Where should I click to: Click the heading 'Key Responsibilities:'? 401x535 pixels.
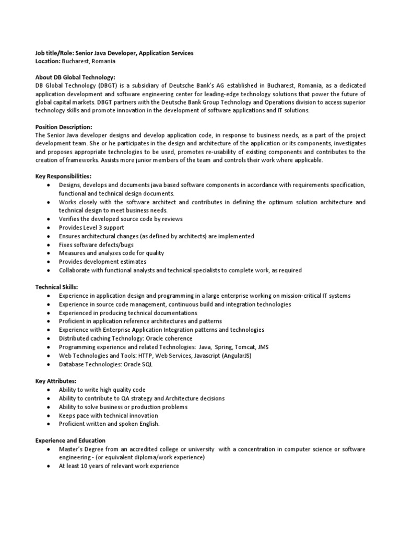click(63, 177)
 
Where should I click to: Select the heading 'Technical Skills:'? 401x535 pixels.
click(56, 287)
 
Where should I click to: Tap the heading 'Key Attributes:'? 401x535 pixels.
click(55, 381)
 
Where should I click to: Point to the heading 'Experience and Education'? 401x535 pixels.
click(70, 440)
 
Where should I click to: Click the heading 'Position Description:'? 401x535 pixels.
click(63, 127)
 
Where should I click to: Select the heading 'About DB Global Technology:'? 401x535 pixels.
click(75, 77)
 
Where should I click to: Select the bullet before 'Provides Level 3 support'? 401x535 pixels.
click(48, 228)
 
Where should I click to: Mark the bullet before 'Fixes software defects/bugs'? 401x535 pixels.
click(48, 245)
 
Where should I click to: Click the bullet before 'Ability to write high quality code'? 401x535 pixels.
click(48, 390)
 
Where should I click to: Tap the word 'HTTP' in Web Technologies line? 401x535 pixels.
click(132, 356)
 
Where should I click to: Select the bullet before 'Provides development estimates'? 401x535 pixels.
click(48, 262)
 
